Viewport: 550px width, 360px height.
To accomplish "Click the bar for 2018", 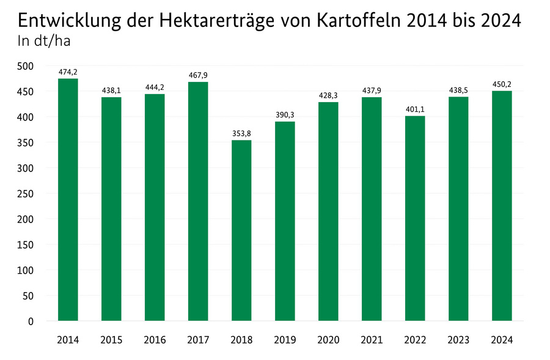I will click(x=241, y=230).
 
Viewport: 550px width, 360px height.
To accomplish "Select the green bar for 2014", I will click(x=68, y=200).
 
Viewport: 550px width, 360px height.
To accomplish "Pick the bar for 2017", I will click(x=198, y=201).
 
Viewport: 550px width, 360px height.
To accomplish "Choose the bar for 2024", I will click(x=502, y=206).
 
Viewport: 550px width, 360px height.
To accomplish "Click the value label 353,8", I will click(x=241, y=133).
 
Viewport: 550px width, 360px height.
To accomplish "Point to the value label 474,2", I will click(x=68, y=72).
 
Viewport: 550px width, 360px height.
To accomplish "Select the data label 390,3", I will click(x=285, y=114).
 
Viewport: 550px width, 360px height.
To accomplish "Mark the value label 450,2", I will click(x=502, y=84).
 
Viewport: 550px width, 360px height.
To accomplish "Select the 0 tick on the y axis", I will click(x=31, y=321).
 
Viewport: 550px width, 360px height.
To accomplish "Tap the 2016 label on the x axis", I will click(x=155, y=340).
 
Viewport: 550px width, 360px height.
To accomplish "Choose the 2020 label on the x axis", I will click(x=328, y=340).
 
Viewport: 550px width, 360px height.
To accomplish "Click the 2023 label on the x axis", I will click(x=458, y=340).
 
